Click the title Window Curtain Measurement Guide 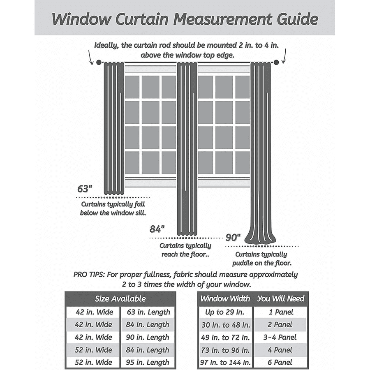(x=185, y=19)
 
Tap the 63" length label (x=85, y=189)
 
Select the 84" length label (x=157, y=229)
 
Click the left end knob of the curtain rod (x=99, y=62)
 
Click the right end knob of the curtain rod (x=276, y=62)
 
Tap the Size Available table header (x=120, y=299)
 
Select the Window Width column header (x=225, y=299)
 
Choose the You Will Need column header (x=281, y=299)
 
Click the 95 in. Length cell (x=148, y=362)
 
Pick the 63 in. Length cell (x=148, y=312)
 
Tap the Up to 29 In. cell (x=225, y=312)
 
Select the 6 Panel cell (x=281, y=362)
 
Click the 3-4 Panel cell (x=281, y=337)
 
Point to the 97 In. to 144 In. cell (x=225, y=362)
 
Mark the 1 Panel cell (x=281, y=312)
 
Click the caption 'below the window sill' (x=113, y=213)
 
